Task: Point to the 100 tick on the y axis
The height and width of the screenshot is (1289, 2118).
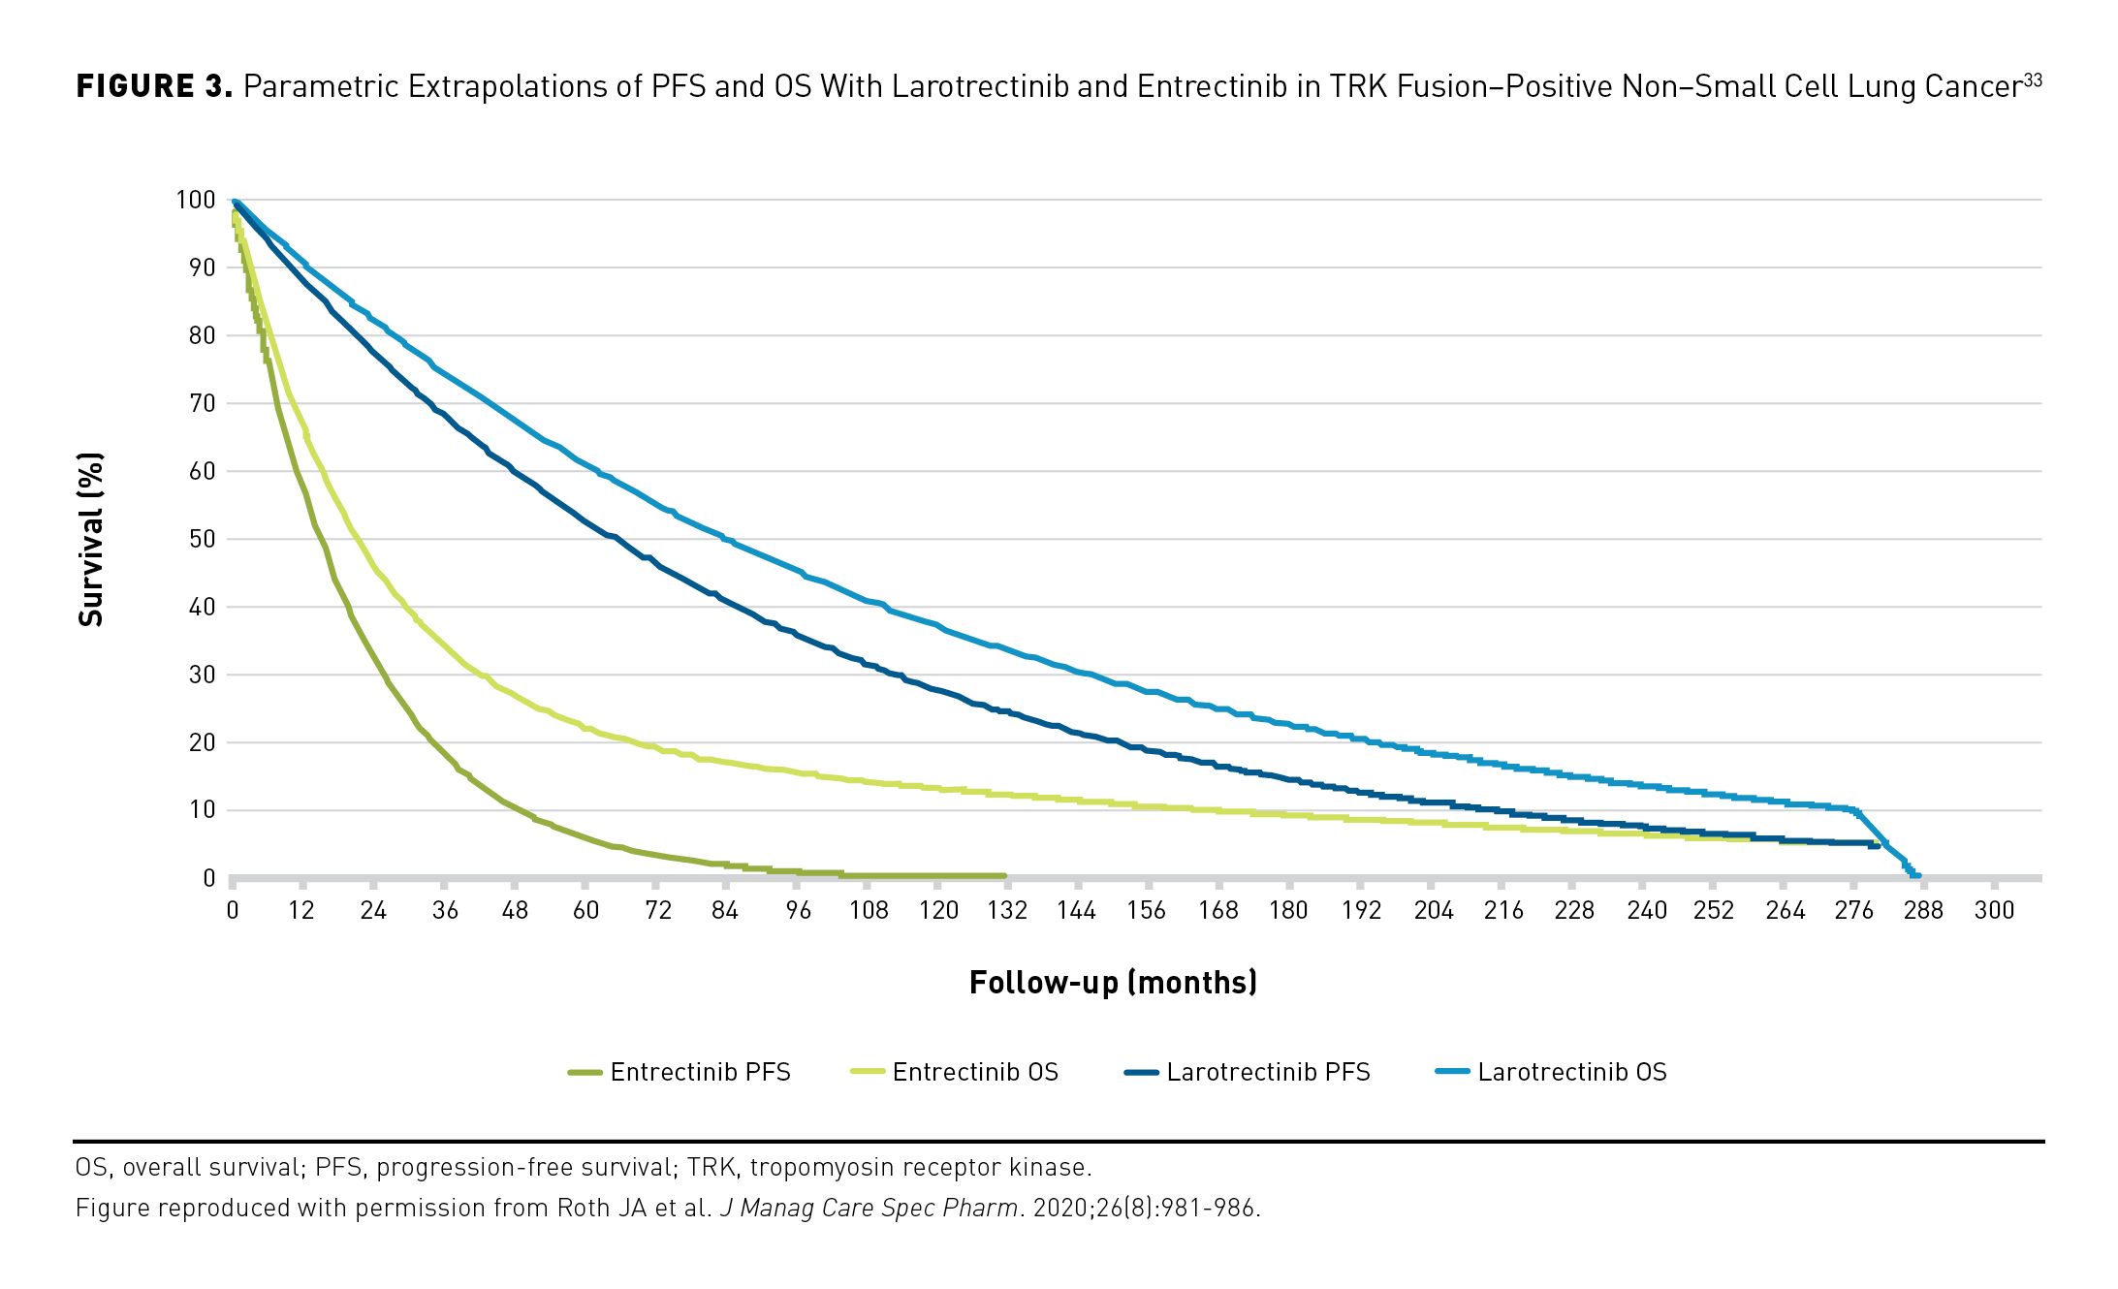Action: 195,200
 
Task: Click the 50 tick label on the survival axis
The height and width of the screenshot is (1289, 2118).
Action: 202,539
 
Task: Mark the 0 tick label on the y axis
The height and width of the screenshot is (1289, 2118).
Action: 208,878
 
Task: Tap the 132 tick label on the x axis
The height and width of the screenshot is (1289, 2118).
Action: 1007,910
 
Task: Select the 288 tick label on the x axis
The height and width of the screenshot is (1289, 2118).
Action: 1923,910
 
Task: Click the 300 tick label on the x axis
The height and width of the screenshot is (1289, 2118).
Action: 1994,910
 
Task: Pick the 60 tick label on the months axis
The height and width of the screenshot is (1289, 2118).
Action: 585,910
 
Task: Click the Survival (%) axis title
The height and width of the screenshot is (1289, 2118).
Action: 90,539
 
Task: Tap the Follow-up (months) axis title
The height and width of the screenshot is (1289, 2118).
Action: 1113,983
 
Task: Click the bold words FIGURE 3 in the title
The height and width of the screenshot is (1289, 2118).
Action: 154,86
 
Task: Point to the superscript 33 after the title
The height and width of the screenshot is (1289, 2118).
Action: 2033,80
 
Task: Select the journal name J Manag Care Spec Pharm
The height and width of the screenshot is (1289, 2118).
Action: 869,1208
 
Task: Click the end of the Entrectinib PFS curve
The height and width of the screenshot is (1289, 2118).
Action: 1003,876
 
